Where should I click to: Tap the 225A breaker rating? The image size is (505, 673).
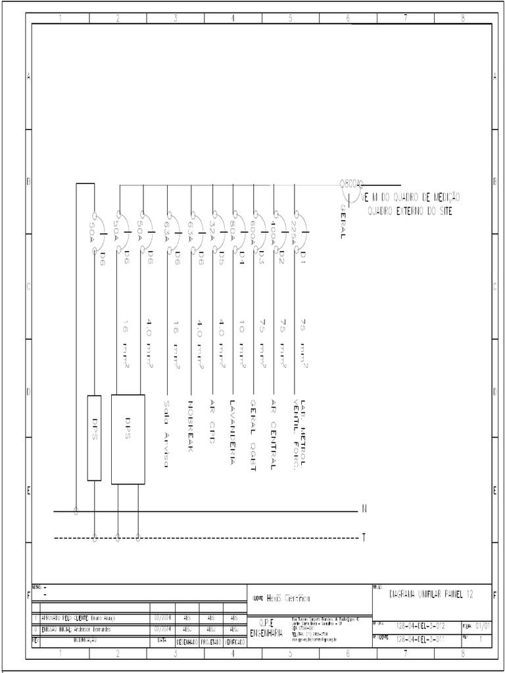coord(293,231)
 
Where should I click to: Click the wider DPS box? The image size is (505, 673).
coord(128,438)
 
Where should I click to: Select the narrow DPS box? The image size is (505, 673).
coord(94,438)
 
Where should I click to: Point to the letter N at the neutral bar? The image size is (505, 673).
coord(364,509)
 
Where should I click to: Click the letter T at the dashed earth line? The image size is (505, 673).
coord(364,538)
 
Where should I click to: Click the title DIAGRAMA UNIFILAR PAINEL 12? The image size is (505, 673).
coord(431,595)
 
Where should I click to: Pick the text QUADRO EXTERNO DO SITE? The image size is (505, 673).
coord(410,211)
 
